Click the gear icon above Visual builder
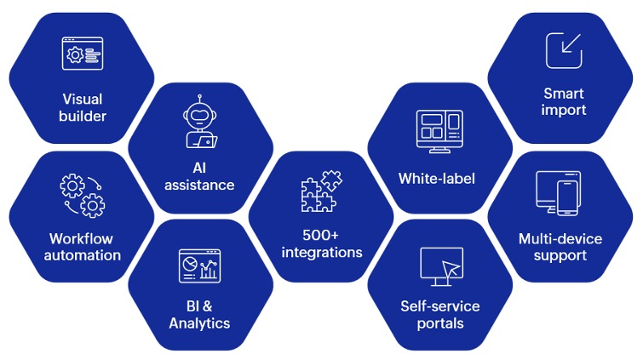[75, 55]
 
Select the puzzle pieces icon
[320, 191]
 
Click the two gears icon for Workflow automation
[82, 197]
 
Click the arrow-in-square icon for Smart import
[563, 51]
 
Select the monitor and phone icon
[558, 195]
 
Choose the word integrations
[320, 252]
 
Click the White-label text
[437, 179]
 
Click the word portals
[440, 323]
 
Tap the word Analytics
[199, 323]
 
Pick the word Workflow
[82, 237]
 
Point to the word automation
[82, 255]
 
